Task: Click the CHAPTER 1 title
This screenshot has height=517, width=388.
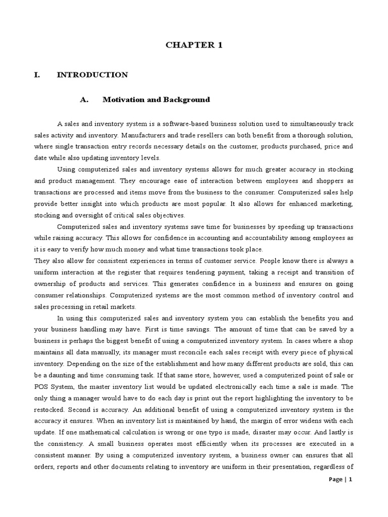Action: pos(194,45)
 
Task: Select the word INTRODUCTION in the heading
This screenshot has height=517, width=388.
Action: pos(92,75)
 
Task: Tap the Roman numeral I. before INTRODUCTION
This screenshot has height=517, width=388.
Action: pos(36,75)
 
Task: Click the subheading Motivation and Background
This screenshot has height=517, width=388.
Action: pos(156,99)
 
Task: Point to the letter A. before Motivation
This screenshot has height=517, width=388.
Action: pos(84,99)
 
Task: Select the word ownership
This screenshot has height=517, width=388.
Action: pos(52,284)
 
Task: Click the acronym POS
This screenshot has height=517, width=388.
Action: pos(42,388)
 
